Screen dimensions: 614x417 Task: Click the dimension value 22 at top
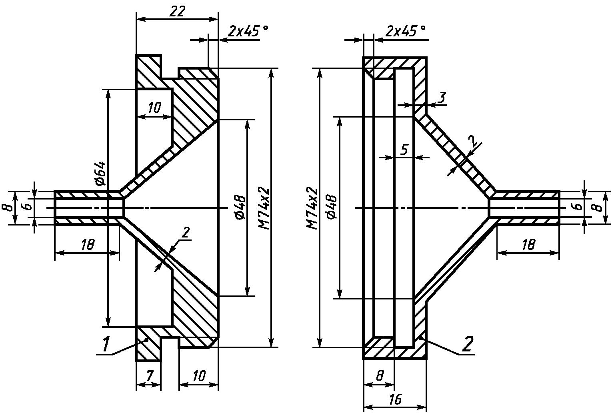click(177, 11)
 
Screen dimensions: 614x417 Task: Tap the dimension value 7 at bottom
click(150, 376)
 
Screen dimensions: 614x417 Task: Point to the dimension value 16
click(395, 399)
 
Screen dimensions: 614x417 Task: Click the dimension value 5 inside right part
click(404, 149)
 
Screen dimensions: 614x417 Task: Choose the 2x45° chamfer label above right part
click(406, 32)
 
